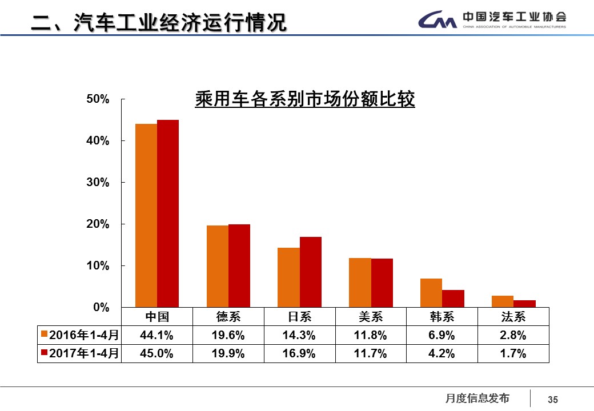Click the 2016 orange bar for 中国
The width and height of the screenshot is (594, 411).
[146, 215]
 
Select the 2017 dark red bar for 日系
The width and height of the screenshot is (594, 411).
[310, 272]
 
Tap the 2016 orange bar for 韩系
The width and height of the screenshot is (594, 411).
[431, 293]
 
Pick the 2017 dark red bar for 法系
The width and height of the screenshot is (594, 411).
[524, 304]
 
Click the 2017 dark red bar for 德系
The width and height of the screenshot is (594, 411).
[239, 265]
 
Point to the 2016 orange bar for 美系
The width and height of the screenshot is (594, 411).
[360, 283]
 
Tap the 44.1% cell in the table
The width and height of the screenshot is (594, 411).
[157, 335]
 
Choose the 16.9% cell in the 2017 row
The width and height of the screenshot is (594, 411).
[299, 354]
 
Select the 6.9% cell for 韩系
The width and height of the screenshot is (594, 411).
[442, 335]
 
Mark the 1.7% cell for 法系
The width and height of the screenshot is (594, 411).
[513, 354]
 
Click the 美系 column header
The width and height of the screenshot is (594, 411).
[371, 317]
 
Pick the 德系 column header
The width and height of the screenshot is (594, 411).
[228, 317]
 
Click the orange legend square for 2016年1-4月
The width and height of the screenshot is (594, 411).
[43, 335]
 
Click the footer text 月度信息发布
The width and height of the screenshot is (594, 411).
[477, 398]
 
